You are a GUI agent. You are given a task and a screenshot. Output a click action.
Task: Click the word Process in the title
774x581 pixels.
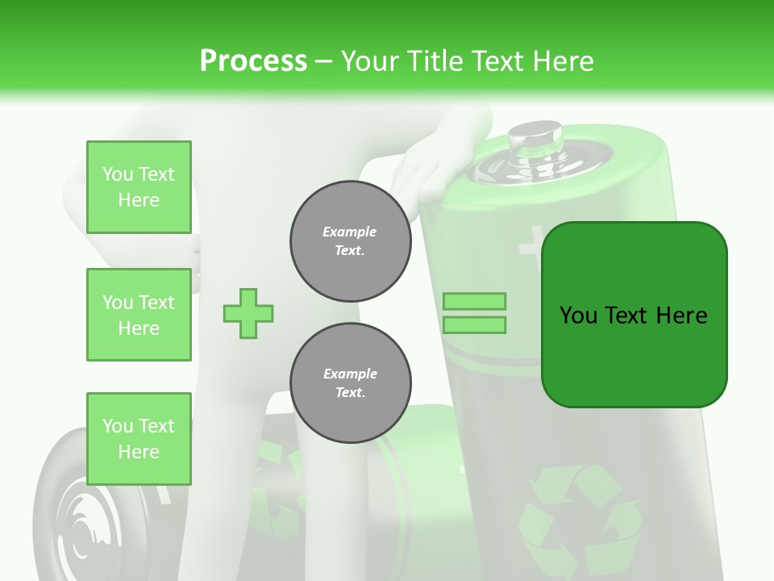[x=253, y=61]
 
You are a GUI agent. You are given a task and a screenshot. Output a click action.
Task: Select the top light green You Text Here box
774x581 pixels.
[x=139, y=187]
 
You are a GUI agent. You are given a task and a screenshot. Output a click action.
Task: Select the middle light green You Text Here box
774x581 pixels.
[x=139, y=315]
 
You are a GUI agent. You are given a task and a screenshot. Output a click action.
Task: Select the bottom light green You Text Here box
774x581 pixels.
[x=139, y=439]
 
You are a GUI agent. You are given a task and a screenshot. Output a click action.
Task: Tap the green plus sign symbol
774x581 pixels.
[x=248, y=313]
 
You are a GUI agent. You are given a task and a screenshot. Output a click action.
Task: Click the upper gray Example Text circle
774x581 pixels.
[x=351, y=241]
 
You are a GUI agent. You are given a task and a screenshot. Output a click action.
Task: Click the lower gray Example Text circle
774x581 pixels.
[x=351, y=383]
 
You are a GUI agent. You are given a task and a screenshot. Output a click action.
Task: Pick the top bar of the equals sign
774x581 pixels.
[x=474, y=301]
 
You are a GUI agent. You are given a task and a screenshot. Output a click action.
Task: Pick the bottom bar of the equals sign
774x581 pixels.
[x=474, y=325]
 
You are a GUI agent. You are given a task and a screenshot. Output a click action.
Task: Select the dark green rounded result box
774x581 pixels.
[x=634, y=315]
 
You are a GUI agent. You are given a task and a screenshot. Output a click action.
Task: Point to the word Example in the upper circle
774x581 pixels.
[x=350, y=232]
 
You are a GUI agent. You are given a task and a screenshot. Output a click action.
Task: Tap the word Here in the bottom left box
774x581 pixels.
[x=139, y=452]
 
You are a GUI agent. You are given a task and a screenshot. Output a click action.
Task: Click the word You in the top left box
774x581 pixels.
[x=118, y=174]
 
